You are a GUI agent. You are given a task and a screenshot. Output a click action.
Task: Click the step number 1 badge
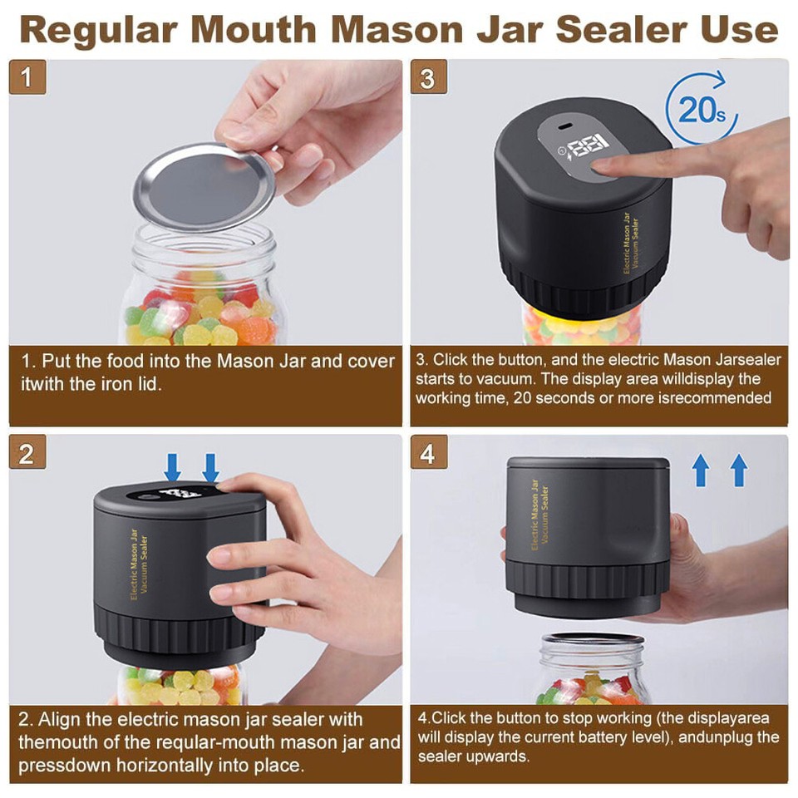(27, 76)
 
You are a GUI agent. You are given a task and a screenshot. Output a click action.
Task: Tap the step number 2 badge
(27, 452)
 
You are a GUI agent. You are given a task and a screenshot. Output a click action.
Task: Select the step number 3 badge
(429, 76)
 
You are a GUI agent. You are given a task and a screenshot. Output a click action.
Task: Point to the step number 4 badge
(429, 452)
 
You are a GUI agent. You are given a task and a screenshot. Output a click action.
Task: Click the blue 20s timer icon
(702, 109)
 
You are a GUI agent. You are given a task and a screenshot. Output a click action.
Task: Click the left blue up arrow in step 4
(701, 470)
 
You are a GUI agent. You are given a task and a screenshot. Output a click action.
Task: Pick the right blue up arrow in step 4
(738, 470)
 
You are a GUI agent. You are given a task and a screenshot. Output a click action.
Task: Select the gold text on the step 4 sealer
(539, 514)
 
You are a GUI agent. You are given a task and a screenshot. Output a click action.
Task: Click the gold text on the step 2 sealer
(139, 564)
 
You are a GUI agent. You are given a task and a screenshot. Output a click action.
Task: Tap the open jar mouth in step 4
(592, 639)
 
